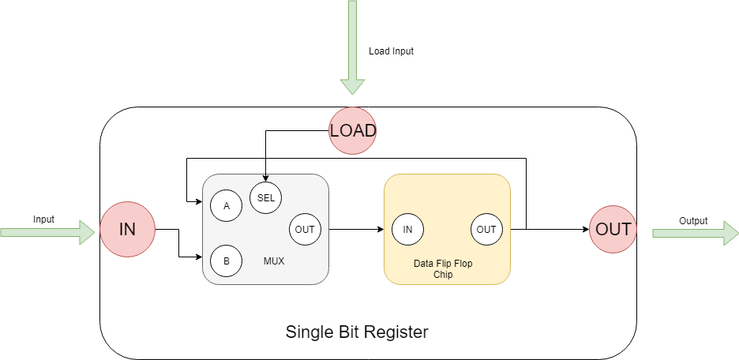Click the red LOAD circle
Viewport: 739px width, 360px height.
(x=352, y=130)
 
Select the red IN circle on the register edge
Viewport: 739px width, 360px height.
(x=127, y=230)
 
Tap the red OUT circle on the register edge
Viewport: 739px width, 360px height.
(x=613, y=230)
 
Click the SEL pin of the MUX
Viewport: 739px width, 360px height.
(x=266, y=198)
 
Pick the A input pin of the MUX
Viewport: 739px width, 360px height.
(x=227, y=205)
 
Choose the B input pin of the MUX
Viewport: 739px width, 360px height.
(x=227, y=261)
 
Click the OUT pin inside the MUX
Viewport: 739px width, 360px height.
(x=305, y=230)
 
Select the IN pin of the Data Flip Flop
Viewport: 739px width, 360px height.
(x=407, y=230)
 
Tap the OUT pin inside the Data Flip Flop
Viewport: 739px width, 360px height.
(x=486, y=230)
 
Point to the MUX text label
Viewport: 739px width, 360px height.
(x=273, y=260)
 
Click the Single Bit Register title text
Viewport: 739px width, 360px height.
(x=357, y=332)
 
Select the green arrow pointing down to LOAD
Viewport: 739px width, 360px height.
(x=352, y=47)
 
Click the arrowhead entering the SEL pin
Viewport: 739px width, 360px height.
(x=266, y=178)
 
